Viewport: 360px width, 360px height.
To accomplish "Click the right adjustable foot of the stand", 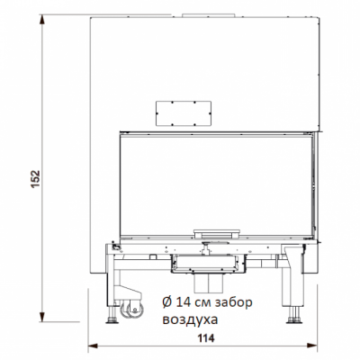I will pyautogui.click(x=294, y=315).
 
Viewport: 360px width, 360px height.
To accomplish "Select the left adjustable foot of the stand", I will pyautogui.click(x=112, y=317).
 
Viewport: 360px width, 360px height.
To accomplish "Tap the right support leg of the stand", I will pyautogui.click(x=294, y=283).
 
